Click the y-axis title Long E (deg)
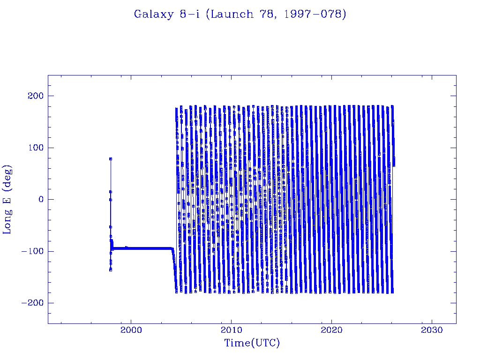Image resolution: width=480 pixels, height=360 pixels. tap(8, 199)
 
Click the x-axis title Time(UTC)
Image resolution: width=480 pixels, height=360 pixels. tap(252, 343)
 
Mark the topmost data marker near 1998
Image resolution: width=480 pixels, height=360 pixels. tap(111, 159)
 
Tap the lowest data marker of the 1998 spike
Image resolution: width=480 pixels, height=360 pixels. tap(111, 270)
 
